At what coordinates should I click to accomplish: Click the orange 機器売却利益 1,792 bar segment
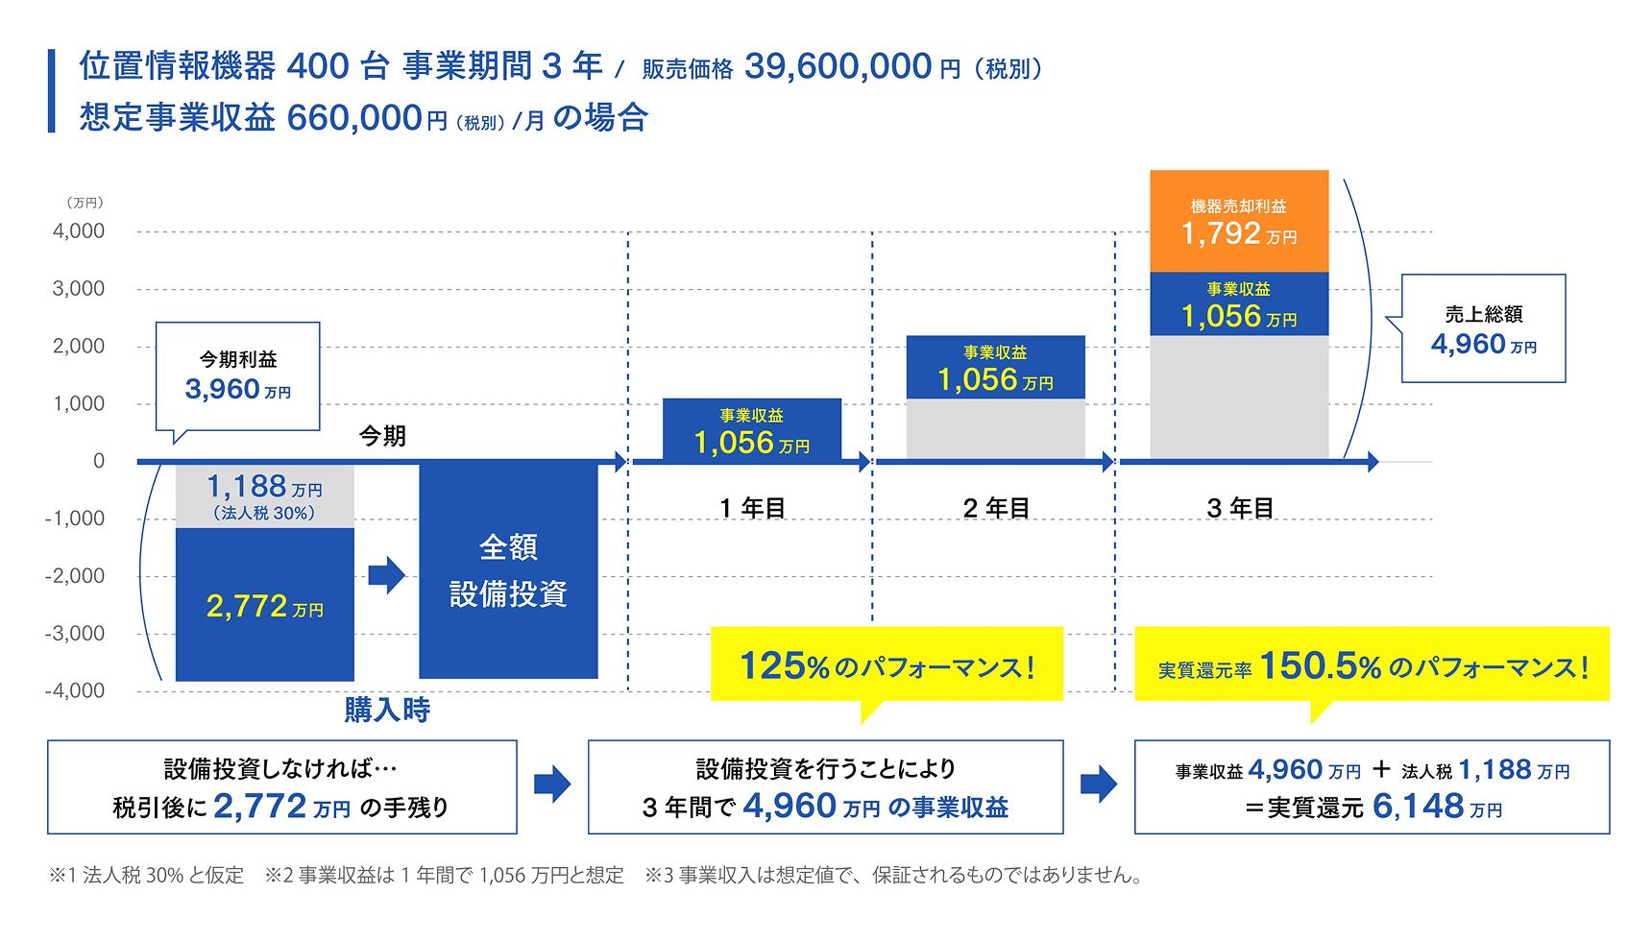tap(1239, 222)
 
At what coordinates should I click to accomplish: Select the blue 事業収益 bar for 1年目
tap(752, 430)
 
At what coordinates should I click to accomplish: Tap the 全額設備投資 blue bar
tap(508, 570)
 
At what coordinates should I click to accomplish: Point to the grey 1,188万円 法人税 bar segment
tap(264, 495)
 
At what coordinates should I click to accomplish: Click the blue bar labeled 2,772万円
tap(264, 605)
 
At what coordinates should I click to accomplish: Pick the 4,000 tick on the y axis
tap(79, 231)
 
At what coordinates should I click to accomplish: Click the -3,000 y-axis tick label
tap(75, 634)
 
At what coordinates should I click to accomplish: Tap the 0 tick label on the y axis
tap(98, 462)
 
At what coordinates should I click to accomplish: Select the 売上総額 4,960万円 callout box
tap(1483, 329)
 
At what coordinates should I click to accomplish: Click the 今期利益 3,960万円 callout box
tap(237, 375)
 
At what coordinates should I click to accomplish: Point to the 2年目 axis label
tap(996, 508)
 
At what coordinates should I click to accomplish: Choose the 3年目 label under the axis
tap(1240, 508)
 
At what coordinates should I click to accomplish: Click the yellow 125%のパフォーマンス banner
tap(887, 664)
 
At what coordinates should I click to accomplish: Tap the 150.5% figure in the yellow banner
tap(1320, 665)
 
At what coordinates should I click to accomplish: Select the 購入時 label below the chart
tap(387, 711)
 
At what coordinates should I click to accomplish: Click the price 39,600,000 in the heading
tap(838, 66)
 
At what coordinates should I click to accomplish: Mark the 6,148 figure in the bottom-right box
tap(1418, 807)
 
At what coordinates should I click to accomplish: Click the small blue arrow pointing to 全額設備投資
tap(386, 575)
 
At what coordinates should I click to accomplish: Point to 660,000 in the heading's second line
tap(354, 118)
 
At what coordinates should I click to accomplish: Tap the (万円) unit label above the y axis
tap(85, 203)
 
